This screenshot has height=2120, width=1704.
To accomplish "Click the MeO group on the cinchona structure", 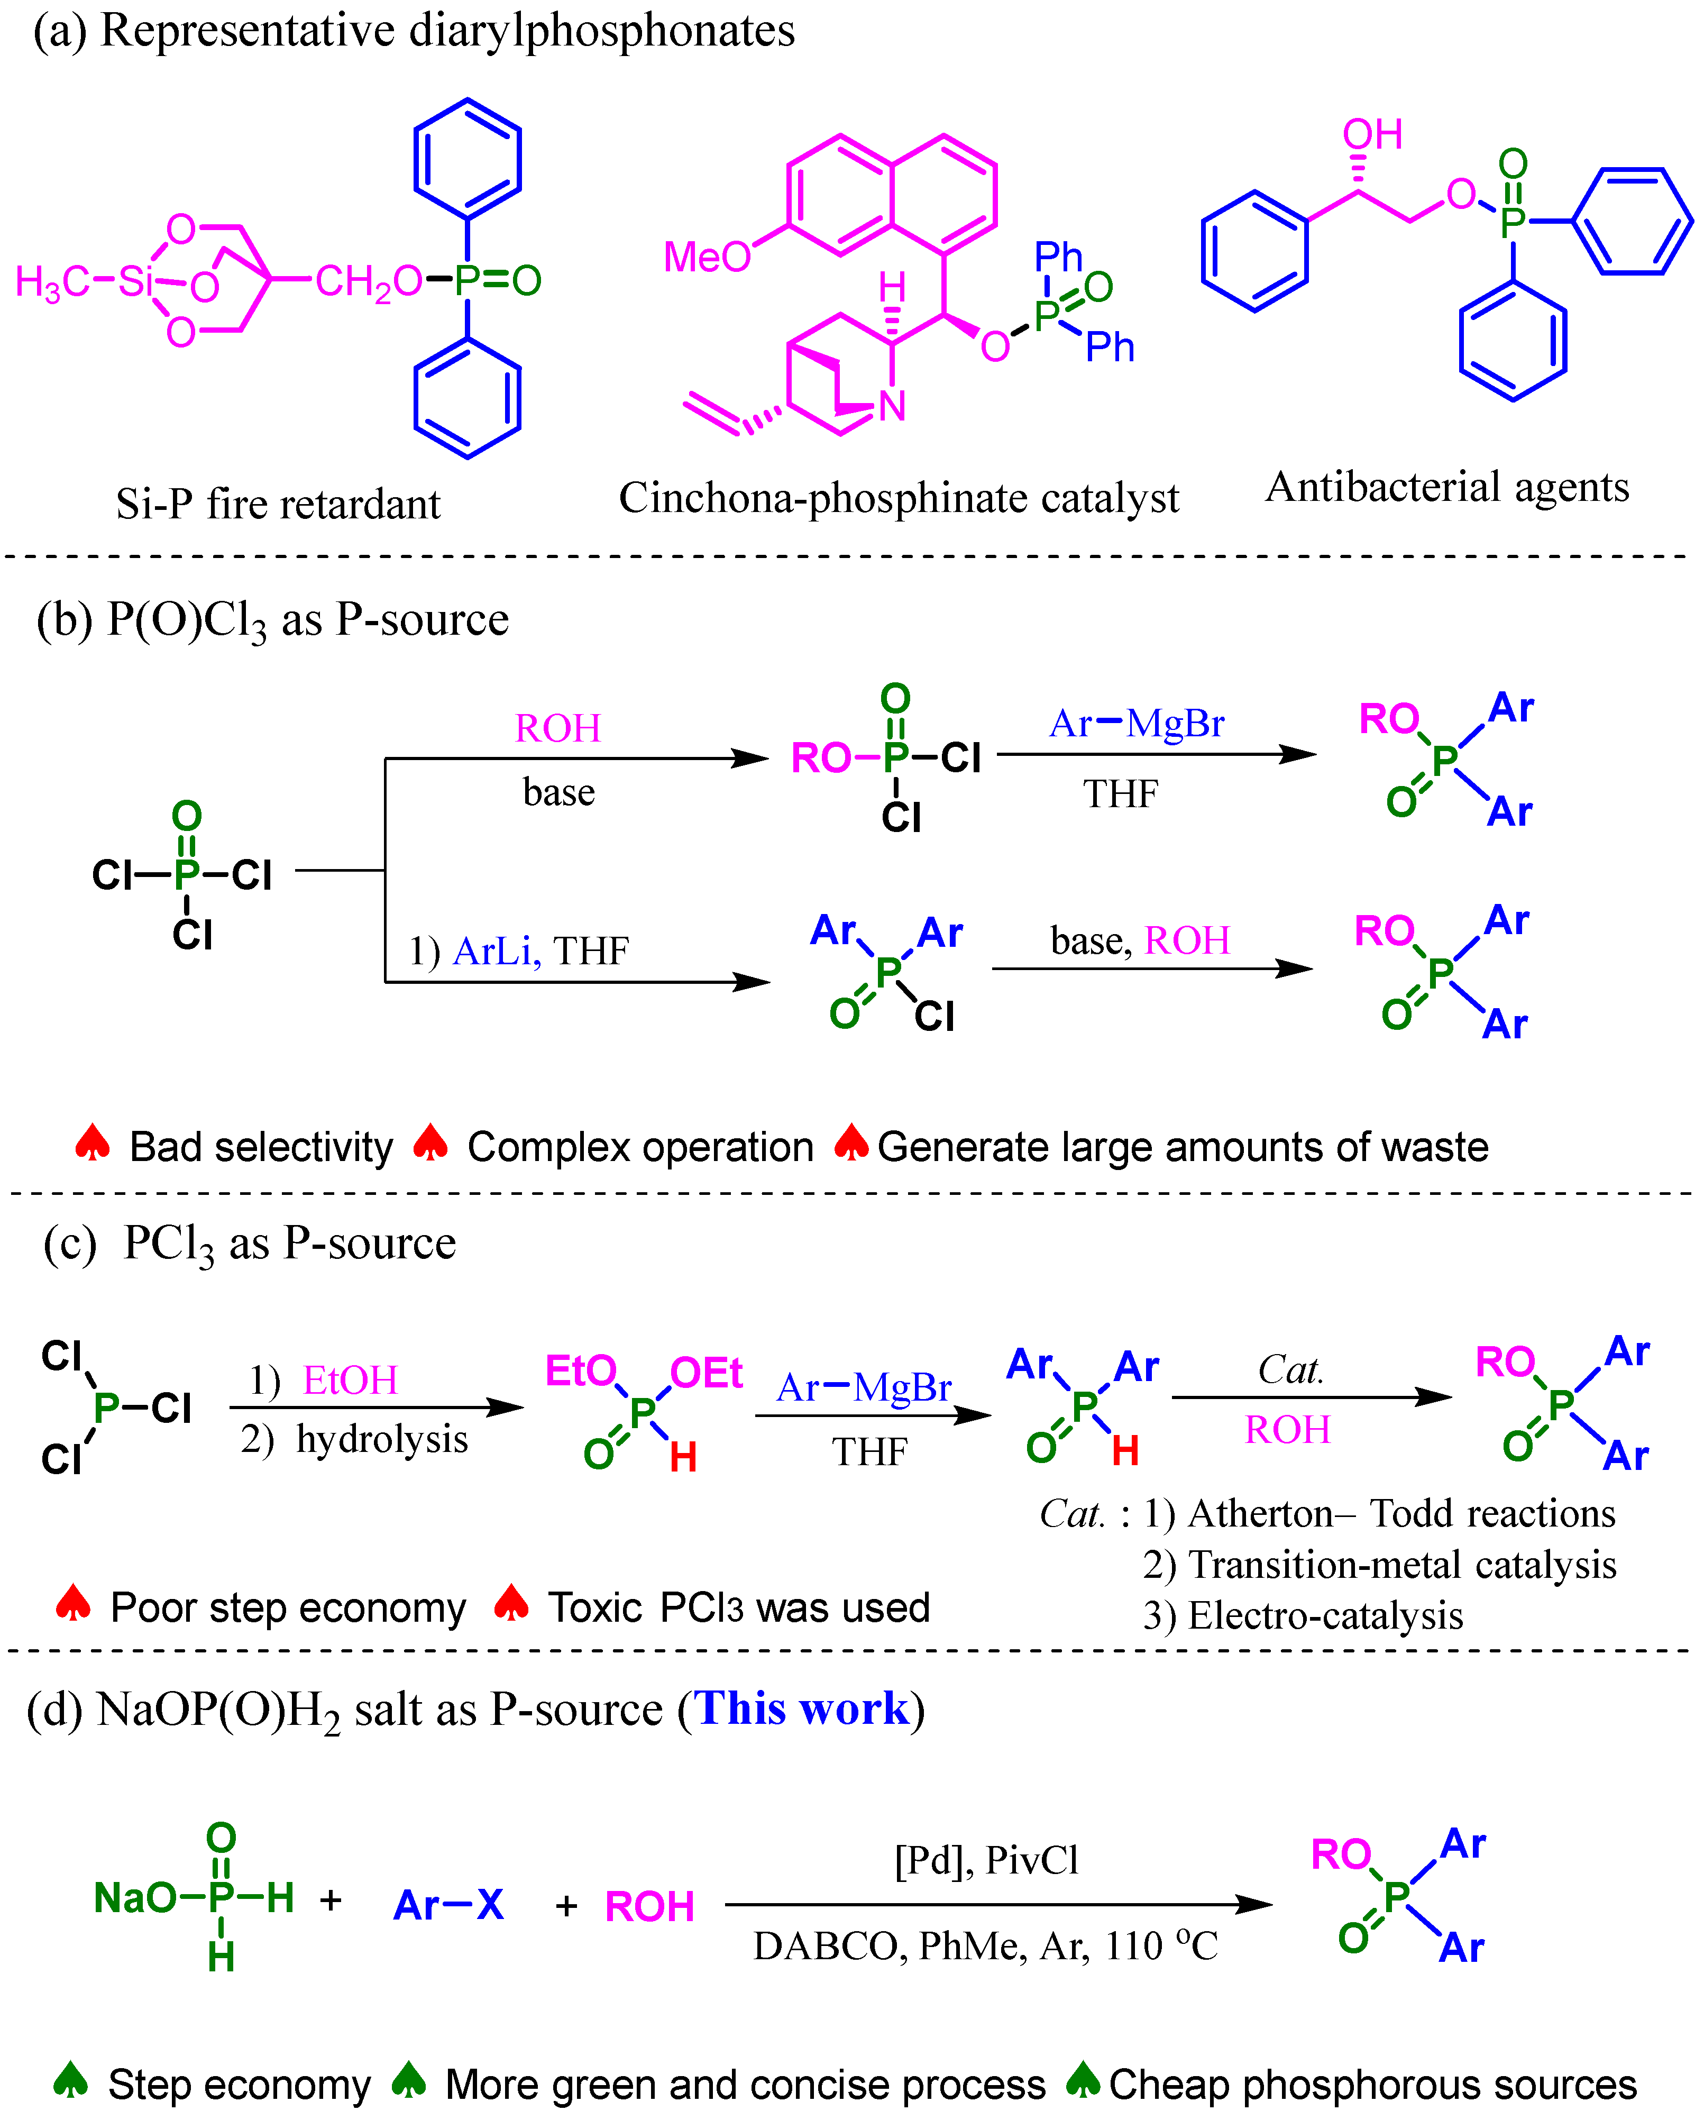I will pyautogui.click(x=706, y=258).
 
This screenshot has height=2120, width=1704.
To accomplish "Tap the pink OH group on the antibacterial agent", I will pyautogui.click(x=1372, y=135).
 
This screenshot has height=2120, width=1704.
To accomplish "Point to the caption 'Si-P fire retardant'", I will pyautogui.click(x=278, y=505).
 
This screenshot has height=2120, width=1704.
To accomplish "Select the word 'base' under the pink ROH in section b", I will pyautogui.click(x=558, y=791).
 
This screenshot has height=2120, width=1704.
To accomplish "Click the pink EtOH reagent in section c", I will pyautogui.click(x=350, y=1381).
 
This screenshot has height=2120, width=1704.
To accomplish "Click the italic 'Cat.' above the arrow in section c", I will pyautogui.click(x=1290, y=1370).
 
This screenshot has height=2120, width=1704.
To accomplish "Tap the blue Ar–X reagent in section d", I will pyautogui.click(x=448, y=1906).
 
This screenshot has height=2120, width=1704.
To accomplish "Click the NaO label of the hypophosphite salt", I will pyautogui.click(x=135, y=1898).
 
